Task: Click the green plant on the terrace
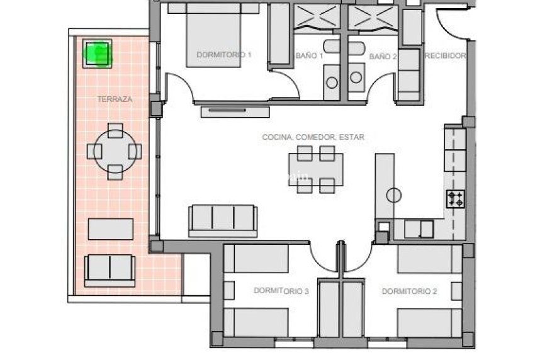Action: [x=98, y=53]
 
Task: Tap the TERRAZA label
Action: [x=115, y=99]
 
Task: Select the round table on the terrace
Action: [x=115, y=151]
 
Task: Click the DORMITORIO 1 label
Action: [x=224, y=55]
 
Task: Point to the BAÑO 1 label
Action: [x=309, y=56]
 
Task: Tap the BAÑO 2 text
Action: [x=383, y=56]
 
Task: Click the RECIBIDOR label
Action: [x=446, y=56]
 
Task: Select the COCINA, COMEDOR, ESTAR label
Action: [x=313, y=137]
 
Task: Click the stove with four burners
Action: [x=456, y=200]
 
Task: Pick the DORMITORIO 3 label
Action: [x=281, y=291]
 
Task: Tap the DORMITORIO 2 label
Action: [x=409, y=291]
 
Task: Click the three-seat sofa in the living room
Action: [x=223, y=220]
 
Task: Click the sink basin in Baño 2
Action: [x=356, y=77]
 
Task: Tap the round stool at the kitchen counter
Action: [x=394, y=195]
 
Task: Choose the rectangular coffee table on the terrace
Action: [x=110, y=228]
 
